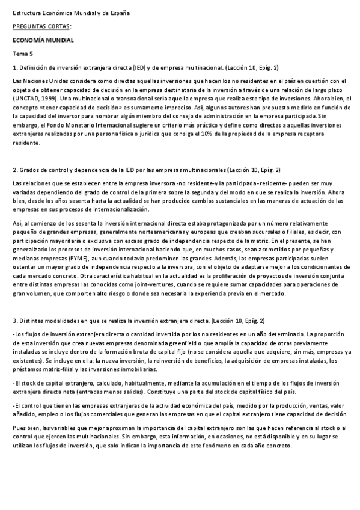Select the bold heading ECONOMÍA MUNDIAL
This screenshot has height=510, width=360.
[43, 40]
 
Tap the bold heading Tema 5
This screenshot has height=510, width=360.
[23, 54]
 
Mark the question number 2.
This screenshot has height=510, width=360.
[14, 170]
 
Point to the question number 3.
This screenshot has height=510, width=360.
[14, 321]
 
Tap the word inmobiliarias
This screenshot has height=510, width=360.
[137, 369]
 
